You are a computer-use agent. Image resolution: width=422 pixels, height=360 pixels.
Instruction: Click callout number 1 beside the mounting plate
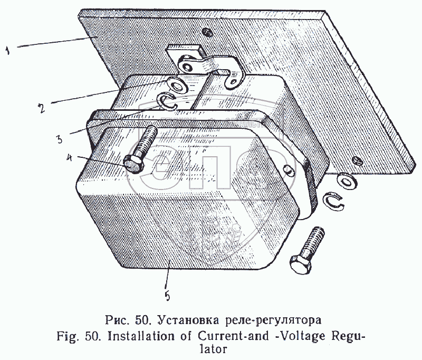click(x=8, y=50)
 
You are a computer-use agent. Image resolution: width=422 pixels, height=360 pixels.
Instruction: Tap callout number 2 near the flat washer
click(x=41, y=108)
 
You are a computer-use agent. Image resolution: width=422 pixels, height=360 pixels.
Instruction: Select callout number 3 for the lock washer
click(x=59, y=139)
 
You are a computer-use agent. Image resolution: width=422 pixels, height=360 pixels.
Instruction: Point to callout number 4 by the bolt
click(x=70, y=158)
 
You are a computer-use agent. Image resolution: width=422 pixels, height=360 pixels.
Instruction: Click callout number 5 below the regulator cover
click(x=167, y=296)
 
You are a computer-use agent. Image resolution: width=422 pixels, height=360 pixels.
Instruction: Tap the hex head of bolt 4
click(x=133, y=164)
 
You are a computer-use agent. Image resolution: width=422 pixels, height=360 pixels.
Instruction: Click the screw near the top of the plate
click(x=208, y=32)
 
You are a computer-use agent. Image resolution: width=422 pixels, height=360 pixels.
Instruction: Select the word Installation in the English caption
click(x=149, y=336)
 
